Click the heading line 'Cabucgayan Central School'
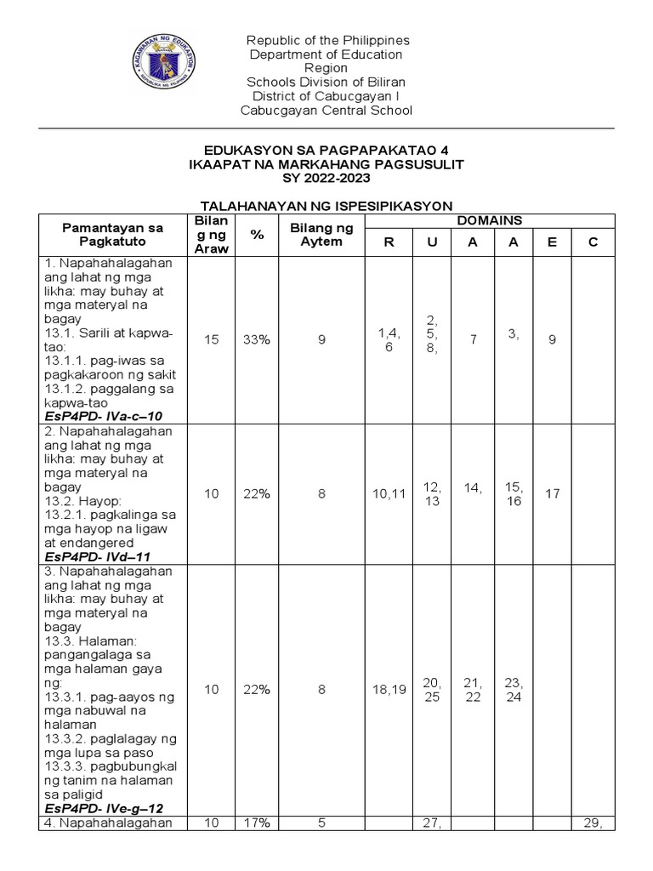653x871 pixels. point(326,111)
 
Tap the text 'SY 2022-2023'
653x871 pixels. point(326,177)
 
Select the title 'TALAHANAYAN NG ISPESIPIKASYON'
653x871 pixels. point(326,206)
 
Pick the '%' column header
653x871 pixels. point(257,234)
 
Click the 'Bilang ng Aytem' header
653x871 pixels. point(321,234)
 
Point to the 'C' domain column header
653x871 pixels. point(593,242)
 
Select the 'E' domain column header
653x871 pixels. point(552,242)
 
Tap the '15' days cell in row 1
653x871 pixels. point(211,339)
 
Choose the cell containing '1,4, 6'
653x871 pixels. point(389,339)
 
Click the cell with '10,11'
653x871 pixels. point(389,493)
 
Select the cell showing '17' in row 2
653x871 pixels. point(552,493)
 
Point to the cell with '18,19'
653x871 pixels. point(389,690)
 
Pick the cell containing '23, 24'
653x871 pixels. point(513,690)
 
